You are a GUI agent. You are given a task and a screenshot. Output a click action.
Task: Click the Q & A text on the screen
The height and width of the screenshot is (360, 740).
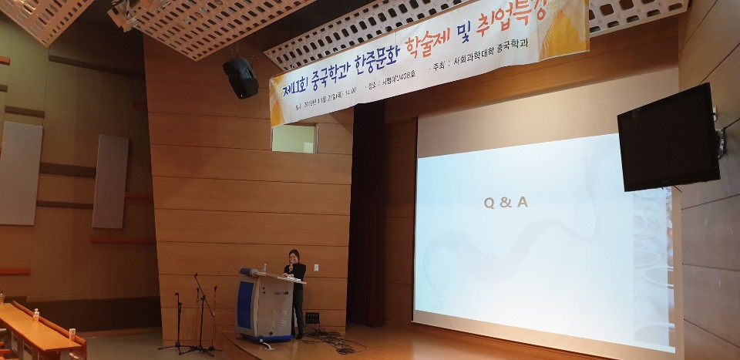pos(505,204)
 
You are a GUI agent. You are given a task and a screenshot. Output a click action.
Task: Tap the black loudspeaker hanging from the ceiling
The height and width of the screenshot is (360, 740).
pos(240,77)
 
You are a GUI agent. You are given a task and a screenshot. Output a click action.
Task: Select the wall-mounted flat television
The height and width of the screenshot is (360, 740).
pos(668,139)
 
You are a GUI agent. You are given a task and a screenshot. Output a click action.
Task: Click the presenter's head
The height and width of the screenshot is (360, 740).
pos(294,255)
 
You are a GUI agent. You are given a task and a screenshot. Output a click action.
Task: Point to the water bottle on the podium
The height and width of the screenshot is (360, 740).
pos(265,268)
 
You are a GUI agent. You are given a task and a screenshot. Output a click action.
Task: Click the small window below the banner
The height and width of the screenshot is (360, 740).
pos(293,138)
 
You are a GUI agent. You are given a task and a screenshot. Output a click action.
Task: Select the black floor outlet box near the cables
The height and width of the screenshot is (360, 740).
pos(312,318)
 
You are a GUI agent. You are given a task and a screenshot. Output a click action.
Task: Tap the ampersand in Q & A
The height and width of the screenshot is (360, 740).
pos(505,204)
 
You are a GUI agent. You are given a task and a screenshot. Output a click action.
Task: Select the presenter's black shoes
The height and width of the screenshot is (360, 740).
pos(297,335)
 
